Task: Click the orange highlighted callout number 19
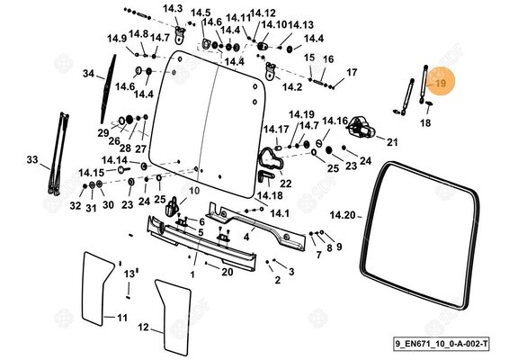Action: (441, 84)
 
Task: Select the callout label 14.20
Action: (344, 216)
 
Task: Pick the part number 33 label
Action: (32, 160)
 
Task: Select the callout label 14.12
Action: (263, 13)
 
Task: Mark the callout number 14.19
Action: (301, 114)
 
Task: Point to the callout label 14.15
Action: (91, 172)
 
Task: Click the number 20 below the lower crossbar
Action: (228, 272)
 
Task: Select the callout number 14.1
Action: (280, 213)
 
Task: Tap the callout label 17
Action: (352, 72)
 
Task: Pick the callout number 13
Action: (129, 273)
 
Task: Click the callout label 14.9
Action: (117, 39)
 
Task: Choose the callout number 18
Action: (426, 122)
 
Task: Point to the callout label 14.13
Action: (302, 25)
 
